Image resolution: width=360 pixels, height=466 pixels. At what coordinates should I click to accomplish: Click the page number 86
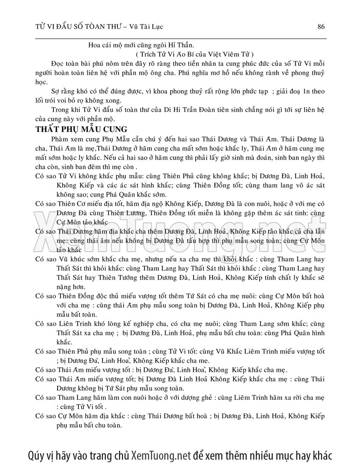click(x=321, y=27)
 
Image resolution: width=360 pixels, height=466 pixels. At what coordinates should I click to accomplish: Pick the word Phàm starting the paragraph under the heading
click(x=59, y=139)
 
